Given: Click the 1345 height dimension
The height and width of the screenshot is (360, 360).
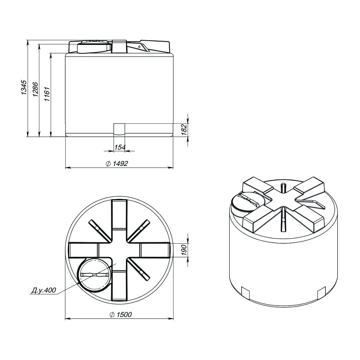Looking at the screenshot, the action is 24,87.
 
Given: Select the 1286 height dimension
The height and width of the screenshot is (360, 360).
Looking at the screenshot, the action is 36,89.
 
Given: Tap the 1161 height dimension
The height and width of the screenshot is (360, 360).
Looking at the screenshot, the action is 47,94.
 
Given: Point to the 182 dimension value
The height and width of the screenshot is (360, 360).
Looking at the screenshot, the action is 185,130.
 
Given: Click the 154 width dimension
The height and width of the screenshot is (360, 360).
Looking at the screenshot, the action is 120,147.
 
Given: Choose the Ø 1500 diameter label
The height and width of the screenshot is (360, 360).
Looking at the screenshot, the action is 121,314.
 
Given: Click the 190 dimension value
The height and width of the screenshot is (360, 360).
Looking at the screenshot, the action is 185,250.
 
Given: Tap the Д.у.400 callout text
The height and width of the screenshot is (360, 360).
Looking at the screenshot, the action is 44,290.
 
